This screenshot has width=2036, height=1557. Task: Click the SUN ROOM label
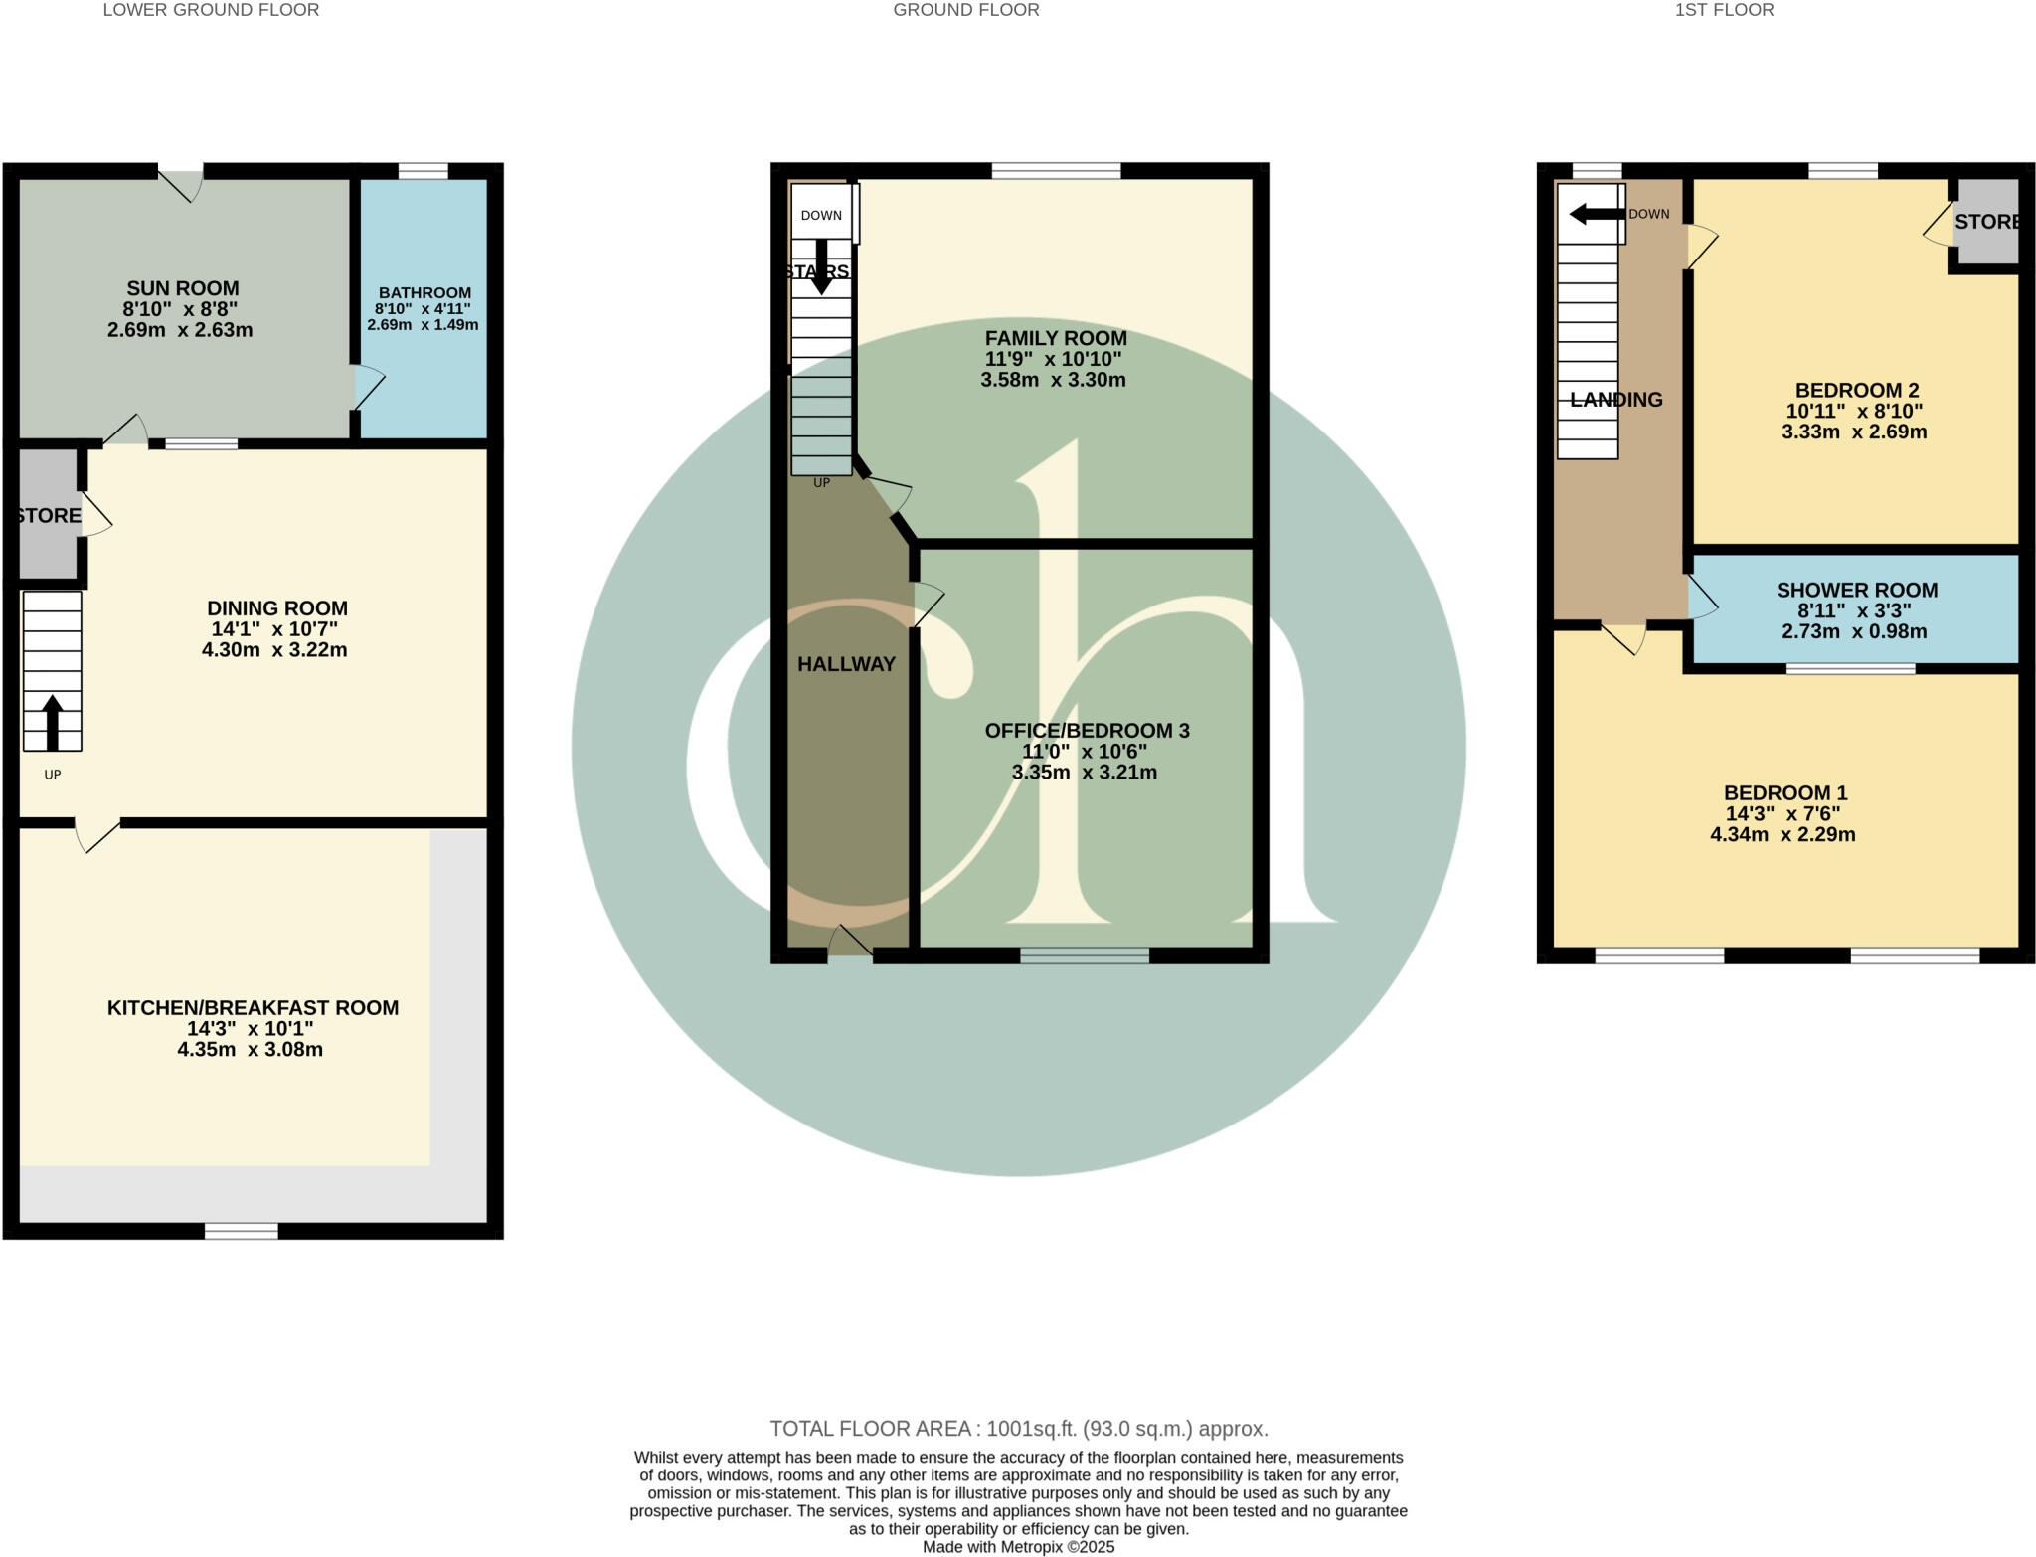click(x=182, y=288)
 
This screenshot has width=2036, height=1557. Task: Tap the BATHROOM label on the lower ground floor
click(x=424, y=292)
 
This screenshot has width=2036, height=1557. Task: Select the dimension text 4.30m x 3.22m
click(x=274, y=650)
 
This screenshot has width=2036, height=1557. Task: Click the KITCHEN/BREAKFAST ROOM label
click(x=253, y=1007)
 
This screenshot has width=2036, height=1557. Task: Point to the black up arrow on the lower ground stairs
click(x=52, y=722)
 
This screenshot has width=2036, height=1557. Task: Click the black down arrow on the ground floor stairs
click(x=821, y=266)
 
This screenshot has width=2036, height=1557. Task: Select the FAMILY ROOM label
click(x=1055, y=338)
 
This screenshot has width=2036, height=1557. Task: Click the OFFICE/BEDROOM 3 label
click(x=1087, y=731)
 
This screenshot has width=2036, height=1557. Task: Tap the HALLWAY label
click(x=846, y=664)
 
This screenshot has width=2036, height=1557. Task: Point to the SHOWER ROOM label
click(x=1856, y=590)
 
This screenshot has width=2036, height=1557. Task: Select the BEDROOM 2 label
click(x=1856, y=390)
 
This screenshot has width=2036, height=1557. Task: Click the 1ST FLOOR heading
click(x=1723, y=10)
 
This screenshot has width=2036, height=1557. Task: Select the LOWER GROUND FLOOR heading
click(x=211, y=10)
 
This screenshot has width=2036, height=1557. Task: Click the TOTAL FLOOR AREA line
click(x=1018, y=1429)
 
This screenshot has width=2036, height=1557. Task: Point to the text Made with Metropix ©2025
click(x=1018, y=1547)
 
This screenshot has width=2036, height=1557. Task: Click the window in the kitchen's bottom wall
click(x=241, y=1231)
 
